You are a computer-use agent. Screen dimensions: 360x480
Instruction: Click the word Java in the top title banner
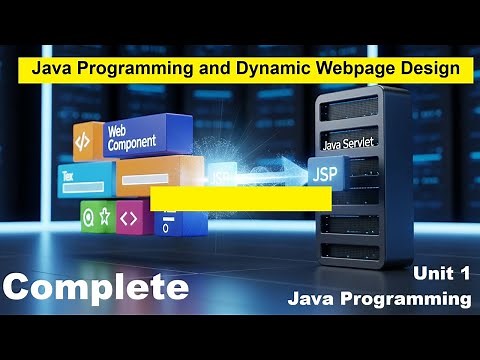pos(50,70)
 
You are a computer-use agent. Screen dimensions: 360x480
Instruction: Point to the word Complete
pos(95,287)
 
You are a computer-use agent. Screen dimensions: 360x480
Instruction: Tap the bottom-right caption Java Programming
pos(378,298)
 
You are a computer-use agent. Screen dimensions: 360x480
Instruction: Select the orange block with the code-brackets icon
pos(86,141)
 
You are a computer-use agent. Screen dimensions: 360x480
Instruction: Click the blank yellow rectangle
pos(240,197)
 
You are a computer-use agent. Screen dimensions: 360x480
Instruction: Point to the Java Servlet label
pos(348,143)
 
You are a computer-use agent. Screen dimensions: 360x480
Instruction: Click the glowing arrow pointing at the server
pos(280,170)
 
